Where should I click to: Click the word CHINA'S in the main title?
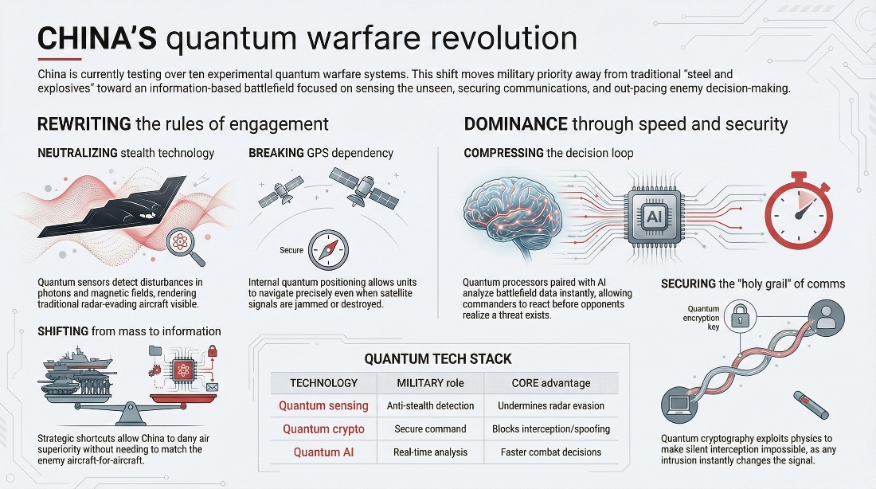(x=97, y=38)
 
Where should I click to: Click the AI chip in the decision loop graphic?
(x=654, y=217)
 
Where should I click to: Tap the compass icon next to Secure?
(x=328, y=250)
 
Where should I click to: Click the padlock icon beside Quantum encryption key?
(x=741, y=317)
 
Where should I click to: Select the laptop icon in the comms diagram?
(x=679, y=404)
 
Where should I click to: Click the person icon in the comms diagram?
(x=827, y=318)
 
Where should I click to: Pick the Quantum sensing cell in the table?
(x=323, y=405)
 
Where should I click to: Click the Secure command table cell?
(x=430, y=429)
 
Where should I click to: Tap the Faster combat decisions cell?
(x=551, y=452)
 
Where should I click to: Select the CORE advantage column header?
(x=551, y=383)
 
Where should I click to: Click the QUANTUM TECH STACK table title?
(x=438, y=359)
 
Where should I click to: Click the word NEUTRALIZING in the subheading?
(x=78, y=153)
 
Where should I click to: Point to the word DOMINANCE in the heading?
(x=516, y=124)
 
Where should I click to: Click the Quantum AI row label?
(x=323, y=452)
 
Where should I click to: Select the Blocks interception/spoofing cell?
(x=551, y=429)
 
